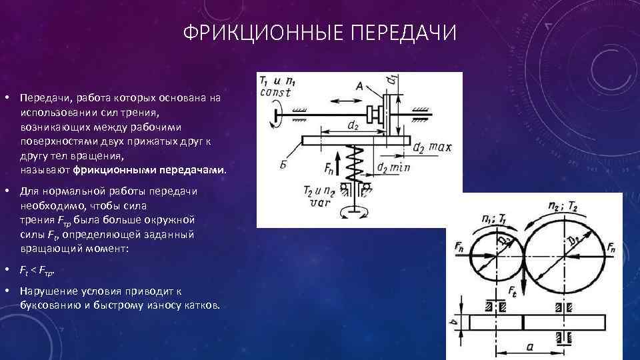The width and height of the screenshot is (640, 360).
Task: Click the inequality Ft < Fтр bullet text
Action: point(38,271)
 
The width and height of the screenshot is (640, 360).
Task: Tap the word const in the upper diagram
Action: point(275,93)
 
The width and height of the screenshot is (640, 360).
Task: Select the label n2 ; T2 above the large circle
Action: point(563,206)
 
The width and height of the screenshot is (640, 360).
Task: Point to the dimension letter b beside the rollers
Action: point(454,323)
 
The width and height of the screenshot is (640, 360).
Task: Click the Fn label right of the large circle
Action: point(611,247)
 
